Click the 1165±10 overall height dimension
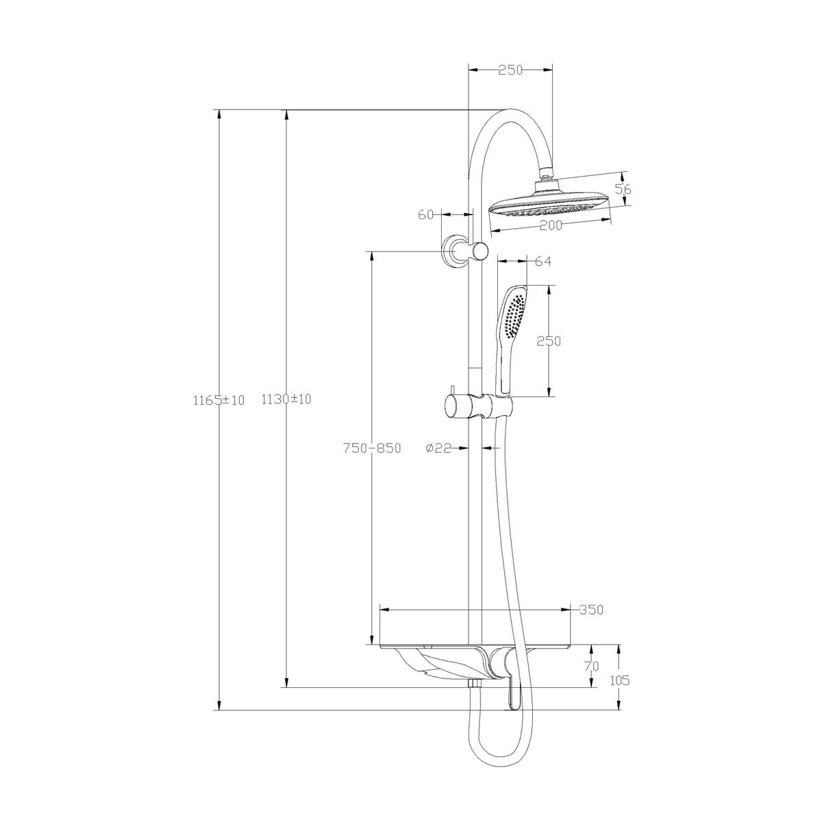(219, 400)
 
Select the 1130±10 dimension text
(286, 399)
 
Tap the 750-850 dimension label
(372, 448)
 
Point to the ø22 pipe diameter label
(438, 448)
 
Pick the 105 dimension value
(619, 692)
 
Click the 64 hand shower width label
(543, 261)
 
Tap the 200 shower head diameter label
(551, 225)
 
